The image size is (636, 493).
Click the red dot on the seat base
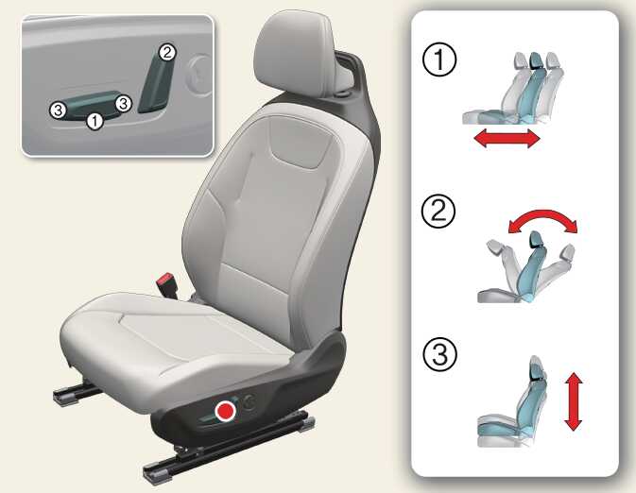226,411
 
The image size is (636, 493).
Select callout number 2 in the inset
167,52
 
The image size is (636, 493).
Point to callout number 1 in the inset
95,121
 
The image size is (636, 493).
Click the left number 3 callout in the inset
58,110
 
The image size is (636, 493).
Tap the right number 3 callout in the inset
123,103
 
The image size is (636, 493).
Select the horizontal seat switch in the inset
87,105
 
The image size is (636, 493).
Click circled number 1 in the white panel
439,59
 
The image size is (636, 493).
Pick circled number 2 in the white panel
438,212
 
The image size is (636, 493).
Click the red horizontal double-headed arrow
507,138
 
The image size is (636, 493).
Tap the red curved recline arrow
542,214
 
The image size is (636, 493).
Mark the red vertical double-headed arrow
573,401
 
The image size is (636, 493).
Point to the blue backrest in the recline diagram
532,267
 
